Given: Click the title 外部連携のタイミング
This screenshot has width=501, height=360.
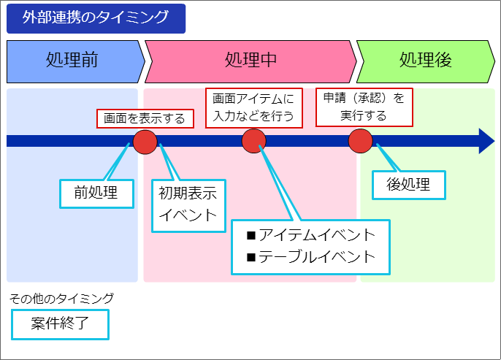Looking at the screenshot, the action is (x=96, y=18).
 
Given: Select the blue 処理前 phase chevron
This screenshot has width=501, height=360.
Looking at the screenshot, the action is (x=75, y=61).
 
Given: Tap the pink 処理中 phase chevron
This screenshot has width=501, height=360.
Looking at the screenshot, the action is (x=250, y=61).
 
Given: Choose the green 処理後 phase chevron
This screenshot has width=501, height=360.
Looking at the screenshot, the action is (x=426, y=61).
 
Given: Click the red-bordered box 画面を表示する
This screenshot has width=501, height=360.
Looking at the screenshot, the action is (x=145, y=118).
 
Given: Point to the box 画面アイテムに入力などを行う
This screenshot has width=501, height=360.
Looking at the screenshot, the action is (x=253, y=108).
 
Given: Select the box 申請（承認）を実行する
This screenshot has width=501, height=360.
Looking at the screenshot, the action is (x=364, y=107).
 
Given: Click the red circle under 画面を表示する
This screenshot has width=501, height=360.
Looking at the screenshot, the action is (x=145, y=142).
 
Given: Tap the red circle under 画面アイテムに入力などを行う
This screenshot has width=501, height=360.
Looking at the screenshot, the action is (x=253, y=141).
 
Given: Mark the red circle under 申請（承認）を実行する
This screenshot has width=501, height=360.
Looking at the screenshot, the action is (x=361, y=141).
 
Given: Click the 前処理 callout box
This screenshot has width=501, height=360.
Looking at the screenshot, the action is (x=96, y=194).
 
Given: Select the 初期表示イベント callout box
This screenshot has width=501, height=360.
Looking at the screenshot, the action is (x=188, y=206).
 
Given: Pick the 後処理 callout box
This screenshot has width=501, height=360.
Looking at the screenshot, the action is (x=409, y=185).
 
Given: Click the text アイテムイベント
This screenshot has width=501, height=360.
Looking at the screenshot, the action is (x=317, y=235).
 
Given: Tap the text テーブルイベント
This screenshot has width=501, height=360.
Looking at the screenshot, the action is (x=317, y=257).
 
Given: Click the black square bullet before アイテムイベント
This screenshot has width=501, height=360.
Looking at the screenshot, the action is (x=251, y=236).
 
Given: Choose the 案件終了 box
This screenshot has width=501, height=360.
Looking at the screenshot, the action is (x=60, y=324).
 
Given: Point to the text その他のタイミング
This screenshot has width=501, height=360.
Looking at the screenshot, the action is (x=61, y=299).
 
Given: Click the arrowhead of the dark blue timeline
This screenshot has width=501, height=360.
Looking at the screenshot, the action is (x=486, y=141).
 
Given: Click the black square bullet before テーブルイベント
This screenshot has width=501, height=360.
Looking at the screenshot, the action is (x=251, y=258).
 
